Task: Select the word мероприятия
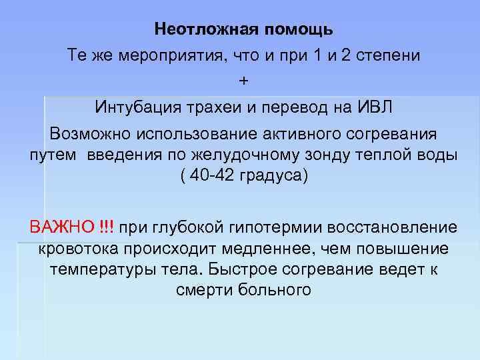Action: pyautogui.click(x=174, y=55)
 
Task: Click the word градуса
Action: pyautogui.click(x=273, y=179)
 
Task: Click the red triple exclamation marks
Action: pyautogui.click(x=105, y=227)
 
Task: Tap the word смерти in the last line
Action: pyautogui.click(x=201, y=291)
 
